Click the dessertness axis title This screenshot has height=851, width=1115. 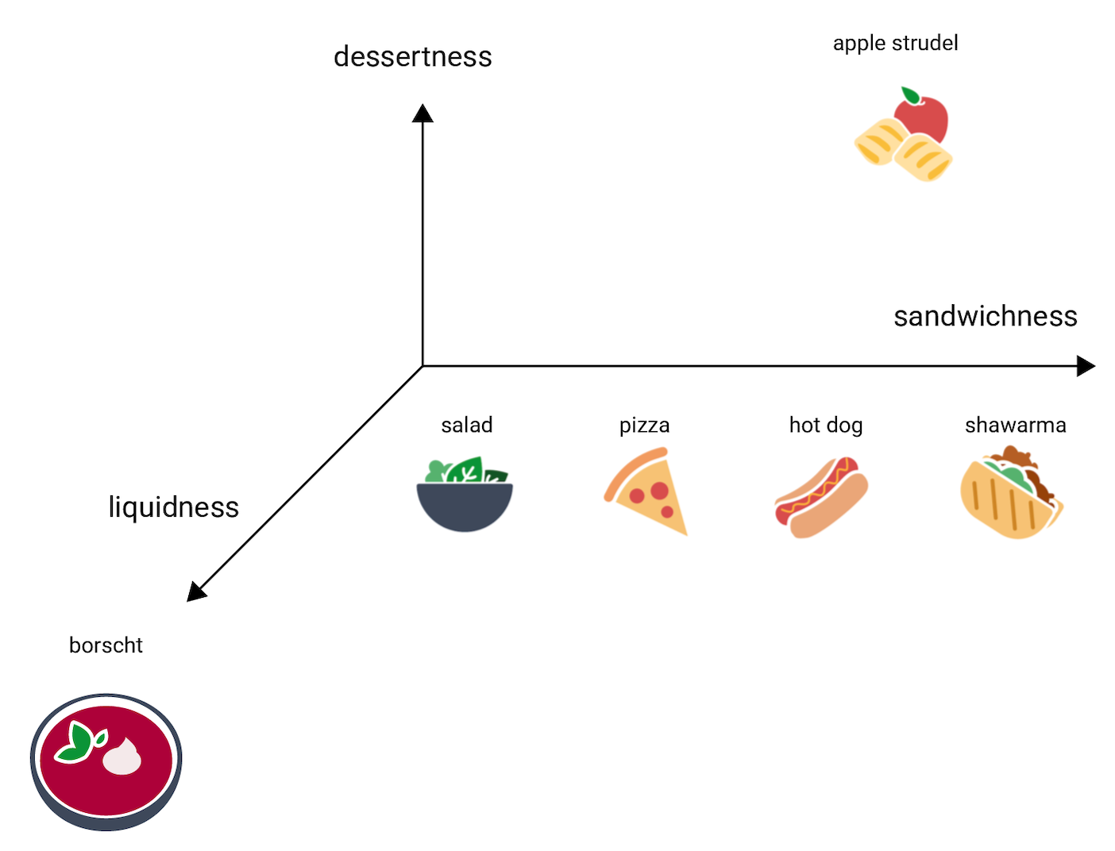pyautogui.click(x=412, y=57)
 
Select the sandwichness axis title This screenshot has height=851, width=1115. pyautogui.click(x=985, y=316)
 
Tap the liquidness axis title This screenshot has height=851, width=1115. pyautogui.click(x=173, y=507)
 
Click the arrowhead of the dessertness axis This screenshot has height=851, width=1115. pyautogui.click(x=422, y=114)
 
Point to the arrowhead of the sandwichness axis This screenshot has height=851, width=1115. pyautogui.click(x=1086, y=366)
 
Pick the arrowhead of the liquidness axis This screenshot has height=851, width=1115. pyautogui.click(x=195, y=592)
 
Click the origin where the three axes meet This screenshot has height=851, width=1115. pyautogui.click(x=422, y=366)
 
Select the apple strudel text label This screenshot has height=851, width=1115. pyautogui.click(x=895, y=43)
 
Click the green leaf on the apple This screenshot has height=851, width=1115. pyautogui.click(x=910, y=95)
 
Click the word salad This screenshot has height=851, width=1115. pyautogui.click(x=467, y=425)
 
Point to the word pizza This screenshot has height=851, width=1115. pyautogui.click(x=644, y=425)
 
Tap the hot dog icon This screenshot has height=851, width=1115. pyautogui.click(x=821, y=497)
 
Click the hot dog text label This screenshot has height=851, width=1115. pyautogui.click(x=825, y=425)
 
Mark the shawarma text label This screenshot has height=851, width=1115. pyautogui.click(x=1015, y=425)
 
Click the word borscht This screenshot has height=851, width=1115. pyautogui.click(x=106, y=645)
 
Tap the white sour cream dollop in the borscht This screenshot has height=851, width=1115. pyautogui.click(x=122, y=757)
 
